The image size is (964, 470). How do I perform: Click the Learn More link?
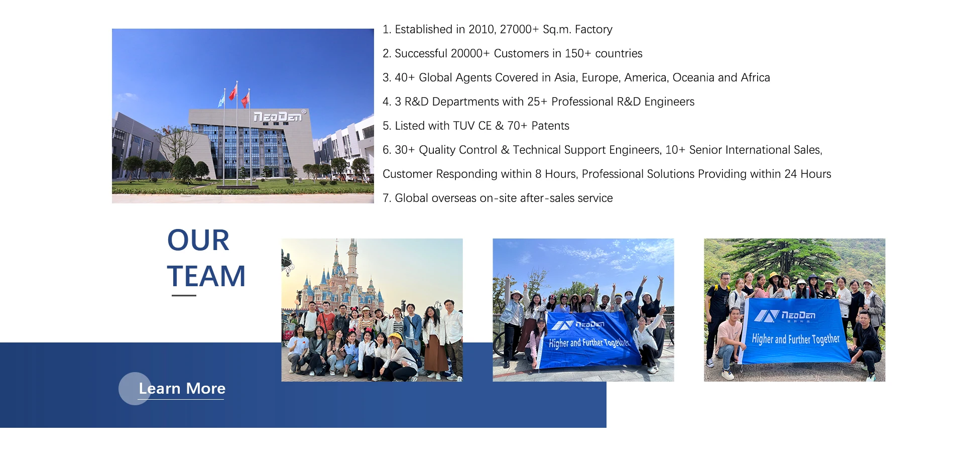pyautogui.click(x=182, y=389)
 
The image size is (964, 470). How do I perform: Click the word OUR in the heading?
pyautogui.click(x=198, y=241)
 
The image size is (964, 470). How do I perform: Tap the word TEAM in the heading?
pyautogui.click(x=206, y=277)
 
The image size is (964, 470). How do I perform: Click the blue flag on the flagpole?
pyautogui.click(x=221, y=98)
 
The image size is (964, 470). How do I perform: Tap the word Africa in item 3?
pyautogui.click(x=755, y=78)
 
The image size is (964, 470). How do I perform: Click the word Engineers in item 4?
pyautogui.click(x=669, y=102)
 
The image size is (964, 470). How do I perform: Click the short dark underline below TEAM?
pyautogui.click(x=184, y=295)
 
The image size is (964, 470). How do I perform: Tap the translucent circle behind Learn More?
pyautogui.click(x=135, y=389)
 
